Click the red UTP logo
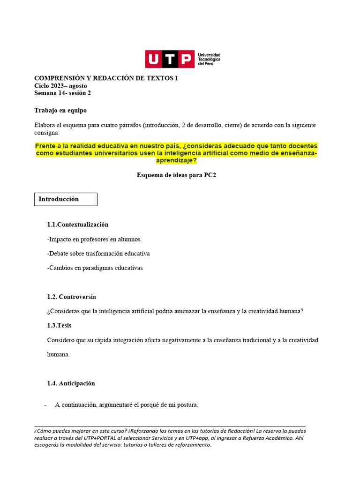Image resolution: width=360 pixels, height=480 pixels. click(169, 60)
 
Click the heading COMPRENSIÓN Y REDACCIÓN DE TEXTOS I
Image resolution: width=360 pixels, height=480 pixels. click(106, 78)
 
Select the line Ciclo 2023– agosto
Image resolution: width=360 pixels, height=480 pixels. click(60, 86)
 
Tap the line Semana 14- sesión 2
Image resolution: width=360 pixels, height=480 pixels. click(62, 93)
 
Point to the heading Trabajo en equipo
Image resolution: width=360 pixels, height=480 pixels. click(60, 111)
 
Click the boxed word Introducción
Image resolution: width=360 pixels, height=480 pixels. click(59, 199)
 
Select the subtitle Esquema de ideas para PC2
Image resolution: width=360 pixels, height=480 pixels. click(176, 175)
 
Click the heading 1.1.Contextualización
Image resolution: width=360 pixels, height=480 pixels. click(78, 225)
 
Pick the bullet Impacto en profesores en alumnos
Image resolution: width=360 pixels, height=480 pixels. click(94, 239)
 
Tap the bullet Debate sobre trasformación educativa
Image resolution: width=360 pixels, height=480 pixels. click(98, 254)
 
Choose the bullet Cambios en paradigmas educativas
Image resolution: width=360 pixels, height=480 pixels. click(95, 268)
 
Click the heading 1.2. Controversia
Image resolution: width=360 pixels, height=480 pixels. click(72, 297)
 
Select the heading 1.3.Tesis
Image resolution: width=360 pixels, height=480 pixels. click(60, 325)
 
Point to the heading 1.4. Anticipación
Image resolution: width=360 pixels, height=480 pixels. click(71, 383)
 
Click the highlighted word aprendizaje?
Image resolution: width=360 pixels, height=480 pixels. click(176, 160)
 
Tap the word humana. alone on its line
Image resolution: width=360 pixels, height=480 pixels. click(59, 354)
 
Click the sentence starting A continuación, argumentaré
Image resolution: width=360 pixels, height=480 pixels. click(127, 405)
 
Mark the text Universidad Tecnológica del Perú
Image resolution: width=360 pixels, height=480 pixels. click(209, 60)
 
